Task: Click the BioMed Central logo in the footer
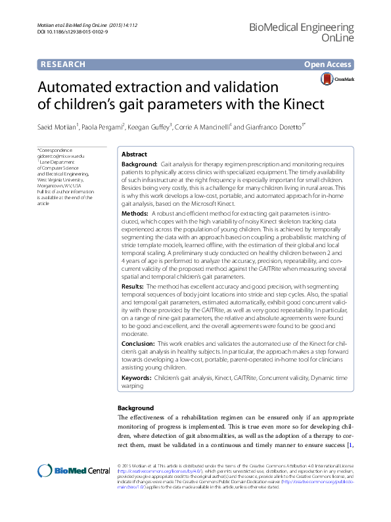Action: (x=74, y=470)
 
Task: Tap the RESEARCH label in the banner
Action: (x=63, y=64)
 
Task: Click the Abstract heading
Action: (x=135, y=153)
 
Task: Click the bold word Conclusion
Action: (x=139, y=344)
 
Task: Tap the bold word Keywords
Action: (x=137, y=379)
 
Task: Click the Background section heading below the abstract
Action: (x=135, y=408)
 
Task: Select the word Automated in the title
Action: (x=77, y=87)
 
